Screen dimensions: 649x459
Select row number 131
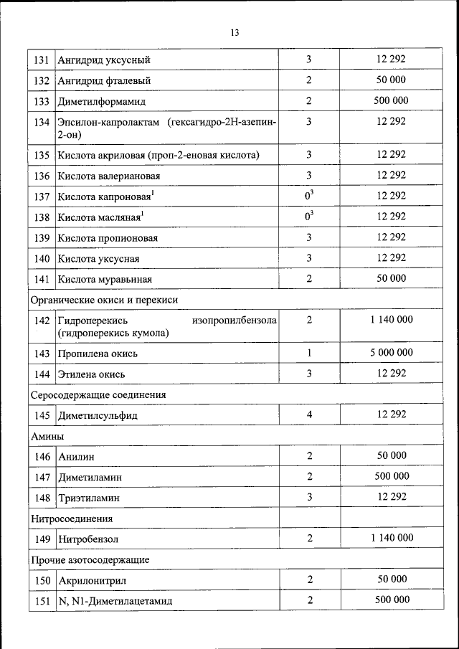click(x=41, y=60)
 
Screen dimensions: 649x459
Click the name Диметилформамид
click(x=105, y=102)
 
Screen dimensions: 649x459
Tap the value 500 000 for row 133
click(x=391, y=100)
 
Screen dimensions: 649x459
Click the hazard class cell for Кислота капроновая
click(x=309, y=196)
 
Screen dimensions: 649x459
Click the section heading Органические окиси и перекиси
click(x=103, y=300)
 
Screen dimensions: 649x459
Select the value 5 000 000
click(x=391, y=353)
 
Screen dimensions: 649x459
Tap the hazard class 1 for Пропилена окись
click(x=309, y=353)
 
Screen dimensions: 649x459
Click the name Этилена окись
click(x=94, y=374)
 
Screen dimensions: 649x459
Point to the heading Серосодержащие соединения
click(x=98, y=394)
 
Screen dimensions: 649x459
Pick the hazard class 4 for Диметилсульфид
click(x=309, y=414)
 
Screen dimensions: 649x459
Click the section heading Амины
click(x=47, y=436)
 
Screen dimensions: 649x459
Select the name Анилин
click(x=78, y=457)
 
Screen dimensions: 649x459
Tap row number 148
click(x=41, y=498)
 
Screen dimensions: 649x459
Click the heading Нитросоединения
click(x=72, y=518)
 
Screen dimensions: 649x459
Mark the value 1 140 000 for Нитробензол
click(x=391, y=538)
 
